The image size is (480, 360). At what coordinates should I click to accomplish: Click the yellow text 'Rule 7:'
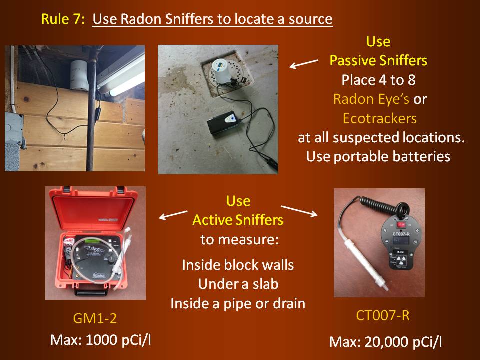[x=63, y=19]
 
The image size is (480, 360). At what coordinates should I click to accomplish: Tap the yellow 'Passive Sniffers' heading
[x=378, y=60]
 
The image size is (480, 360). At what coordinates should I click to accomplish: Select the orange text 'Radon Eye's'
[x=371, y=99]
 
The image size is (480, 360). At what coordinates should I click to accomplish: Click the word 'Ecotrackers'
[x=379, y=118]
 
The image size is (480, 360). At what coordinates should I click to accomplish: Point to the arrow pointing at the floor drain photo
[x=303, y=64]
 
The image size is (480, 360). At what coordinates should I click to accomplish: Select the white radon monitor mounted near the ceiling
[x=79, y=75]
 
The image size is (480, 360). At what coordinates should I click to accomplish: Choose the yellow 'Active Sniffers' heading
[x=238, y=220]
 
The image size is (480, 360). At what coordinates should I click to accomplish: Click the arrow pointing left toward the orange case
[x=173, y=215]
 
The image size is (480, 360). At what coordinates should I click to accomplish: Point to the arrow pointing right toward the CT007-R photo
[x=299, y=211]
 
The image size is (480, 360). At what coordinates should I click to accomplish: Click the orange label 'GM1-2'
[x=95, y=318]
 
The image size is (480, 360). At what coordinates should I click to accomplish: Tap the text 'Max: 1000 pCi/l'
[x=100, y=340]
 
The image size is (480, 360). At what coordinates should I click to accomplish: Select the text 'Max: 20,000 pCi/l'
[x=385, y=342]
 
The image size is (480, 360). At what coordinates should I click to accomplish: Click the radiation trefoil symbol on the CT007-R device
[x=401, y=261]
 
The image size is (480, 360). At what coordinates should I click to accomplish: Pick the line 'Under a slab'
[x=238, y=284]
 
